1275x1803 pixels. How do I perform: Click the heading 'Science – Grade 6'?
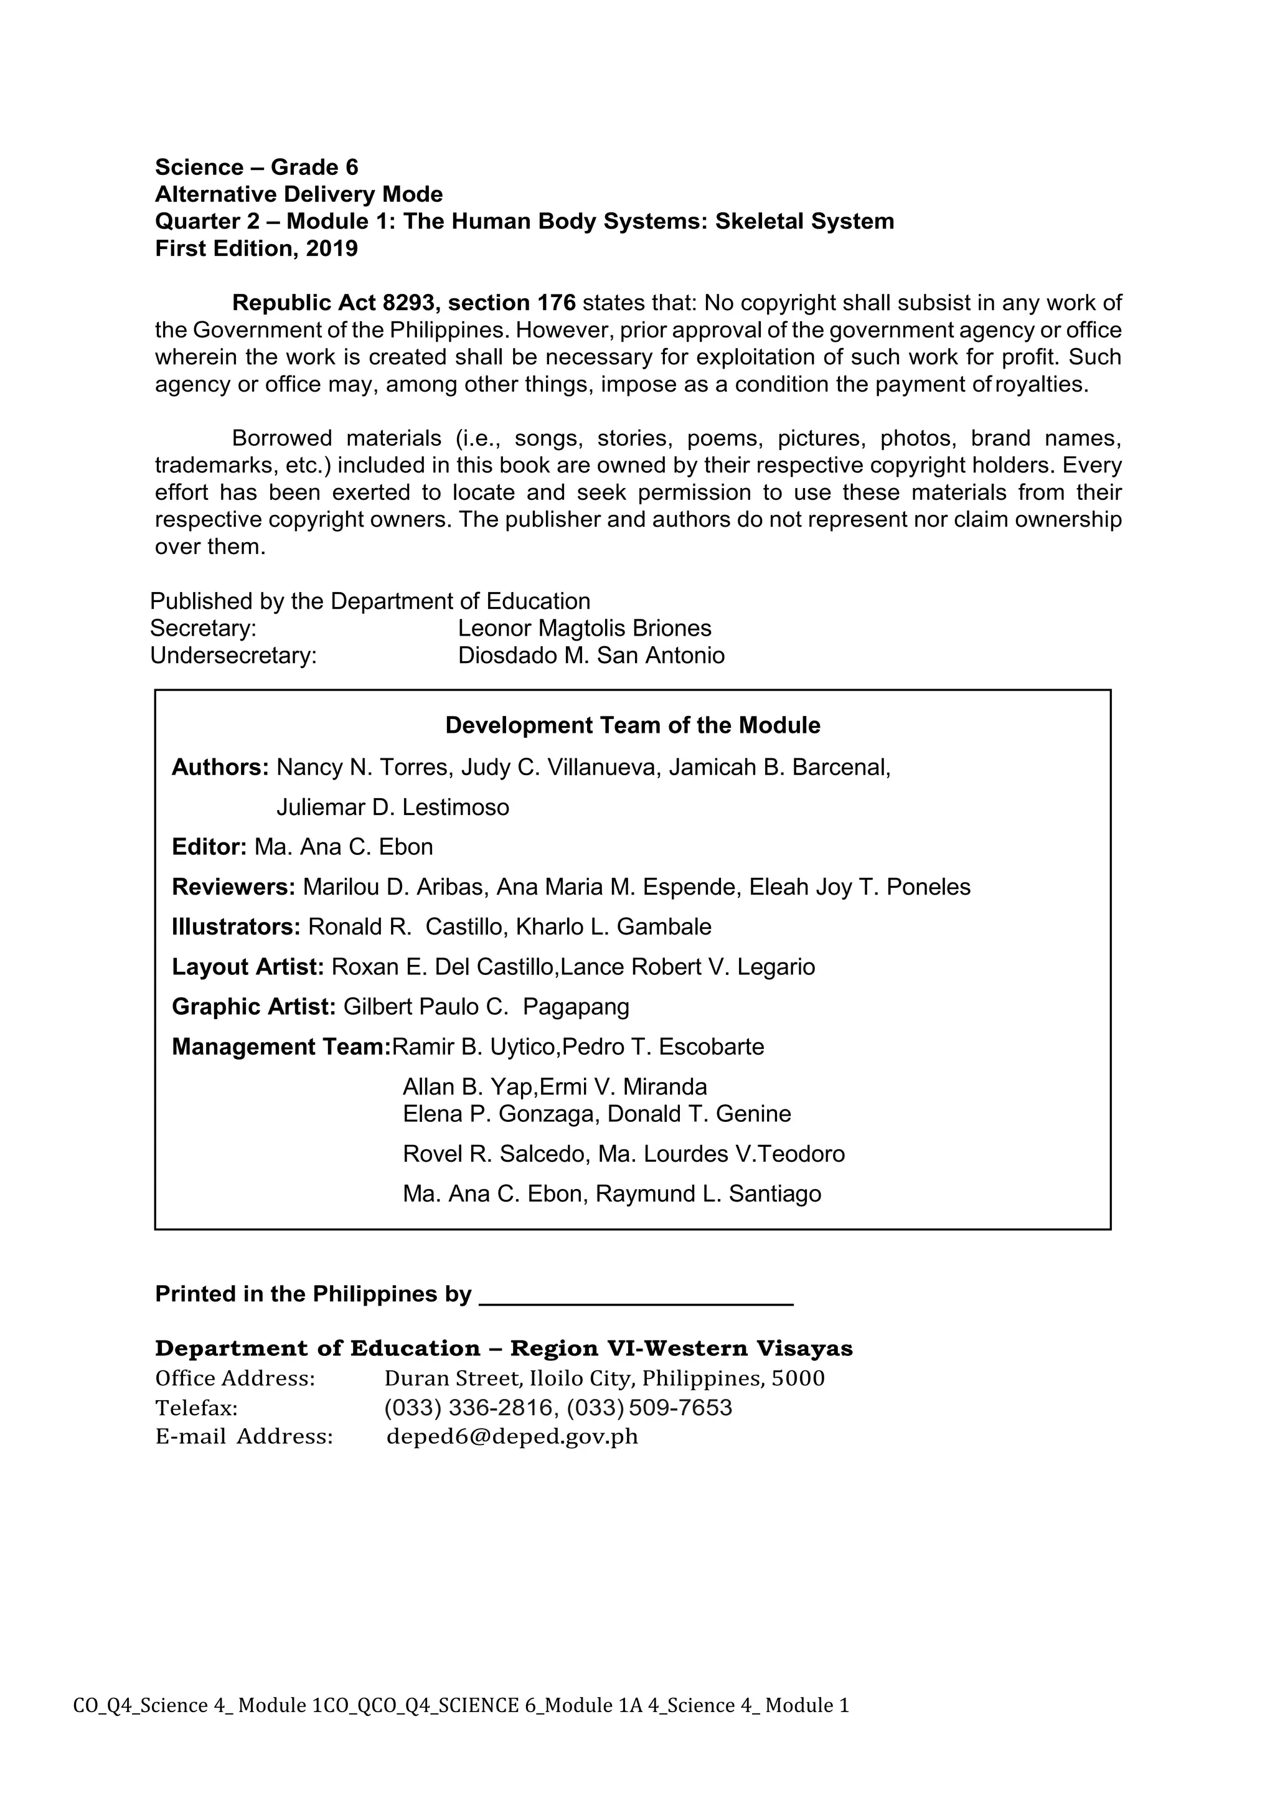click(x=256, y=167)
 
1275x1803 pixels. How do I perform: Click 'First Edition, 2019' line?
click(x=256, y=249)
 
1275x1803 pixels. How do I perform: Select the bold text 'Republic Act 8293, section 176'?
click(x=403, y=303)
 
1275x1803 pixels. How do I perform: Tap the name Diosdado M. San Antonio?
click(x=591, y=656)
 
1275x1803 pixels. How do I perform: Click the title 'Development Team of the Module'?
click(x=632, y=725)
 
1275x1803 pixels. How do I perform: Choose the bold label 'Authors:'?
click(x=220, y=767)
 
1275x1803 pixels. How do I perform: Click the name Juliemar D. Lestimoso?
click(x=393, y=807)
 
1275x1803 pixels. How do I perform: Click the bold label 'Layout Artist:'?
click(x=247, y=967)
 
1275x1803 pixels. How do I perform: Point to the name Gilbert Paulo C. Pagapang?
click(x=486, y=1007)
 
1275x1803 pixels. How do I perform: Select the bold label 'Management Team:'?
click(x=281, y=1048)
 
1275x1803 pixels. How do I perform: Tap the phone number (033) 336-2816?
click(x=468, y=1407)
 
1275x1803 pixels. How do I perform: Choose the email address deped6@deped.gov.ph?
click(x=512, y=1436)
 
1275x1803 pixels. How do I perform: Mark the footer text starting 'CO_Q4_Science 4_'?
click(x=461, y=1706)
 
